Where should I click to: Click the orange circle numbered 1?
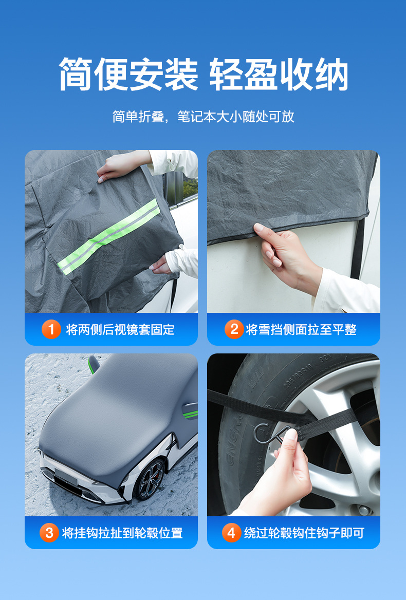pyautogui.click(x=51, y=329)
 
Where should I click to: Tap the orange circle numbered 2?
pyautogui.click(x=234, y=329)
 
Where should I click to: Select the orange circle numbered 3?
pyautogui.click(x=49, y=533)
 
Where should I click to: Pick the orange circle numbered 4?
pyautogui.click(x=231, y=533)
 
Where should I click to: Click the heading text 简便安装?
pyautogui.click(x=128, y=74)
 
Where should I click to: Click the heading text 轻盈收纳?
pyautogui.click(x=279, y=74)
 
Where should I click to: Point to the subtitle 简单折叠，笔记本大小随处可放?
pyautogui.click(x=203, y=117)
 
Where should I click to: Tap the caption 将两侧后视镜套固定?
pyautogui.click(x=120, y=329)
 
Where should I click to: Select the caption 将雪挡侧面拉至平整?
pyautogui.click(x=301, y=329)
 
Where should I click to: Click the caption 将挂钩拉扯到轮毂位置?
pyautogui.click(x=122, y=533)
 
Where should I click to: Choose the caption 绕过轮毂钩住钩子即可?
pyautogui.click(x=304, y=533)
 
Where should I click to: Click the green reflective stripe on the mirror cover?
pyautogui.click(x=108, y=236)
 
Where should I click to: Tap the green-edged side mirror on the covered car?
pyautogui.click(x=94, y=364)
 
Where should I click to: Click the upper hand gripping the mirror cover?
pyautogui.click(x=122, y=165)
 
